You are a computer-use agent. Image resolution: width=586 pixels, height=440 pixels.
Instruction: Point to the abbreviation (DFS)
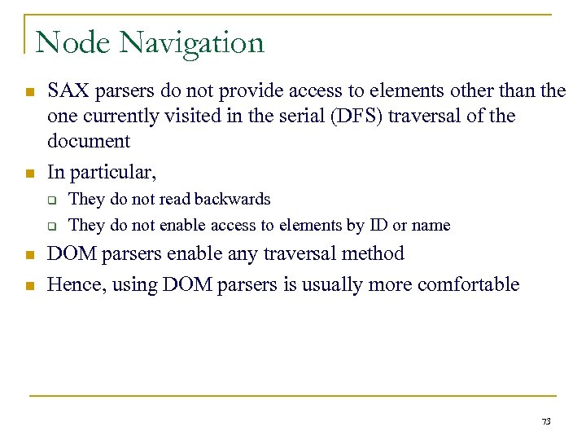click(355, 116)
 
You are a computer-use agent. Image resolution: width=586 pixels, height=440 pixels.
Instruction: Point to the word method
click(370, 254)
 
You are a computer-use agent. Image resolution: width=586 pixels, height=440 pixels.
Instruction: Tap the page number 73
click(545, 420)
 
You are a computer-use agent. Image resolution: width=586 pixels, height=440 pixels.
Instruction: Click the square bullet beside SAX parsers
click(30, 92)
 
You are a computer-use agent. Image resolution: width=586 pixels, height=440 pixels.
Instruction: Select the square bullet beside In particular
click(30, 173)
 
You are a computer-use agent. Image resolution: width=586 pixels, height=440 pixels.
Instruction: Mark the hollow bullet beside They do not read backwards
click(50, 200)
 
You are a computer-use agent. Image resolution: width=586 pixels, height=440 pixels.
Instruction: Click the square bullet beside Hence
click(30, 285)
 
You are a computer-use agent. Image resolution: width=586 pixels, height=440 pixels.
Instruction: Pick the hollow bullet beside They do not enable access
click(50, 226)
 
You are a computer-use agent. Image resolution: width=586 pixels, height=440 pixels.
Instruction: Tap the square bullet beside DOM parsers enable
click(30, 254)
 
